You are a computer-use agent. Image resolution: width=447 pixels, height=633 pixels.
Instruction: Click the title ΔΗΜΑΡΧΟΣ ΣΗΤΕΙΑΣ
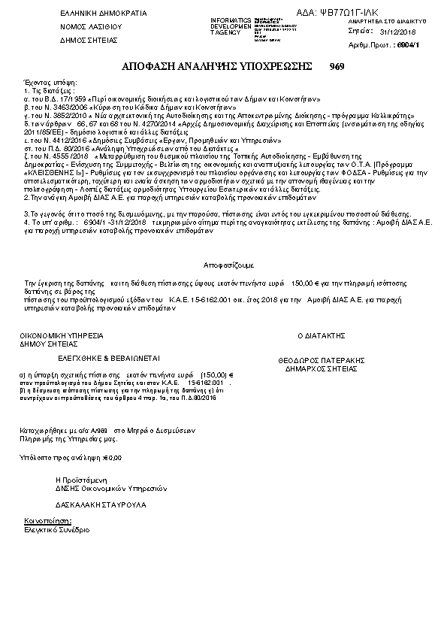click(321, 369)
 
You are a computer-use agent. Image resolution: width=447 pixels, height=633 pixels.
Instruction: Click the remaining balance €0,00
click(110, 456)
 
